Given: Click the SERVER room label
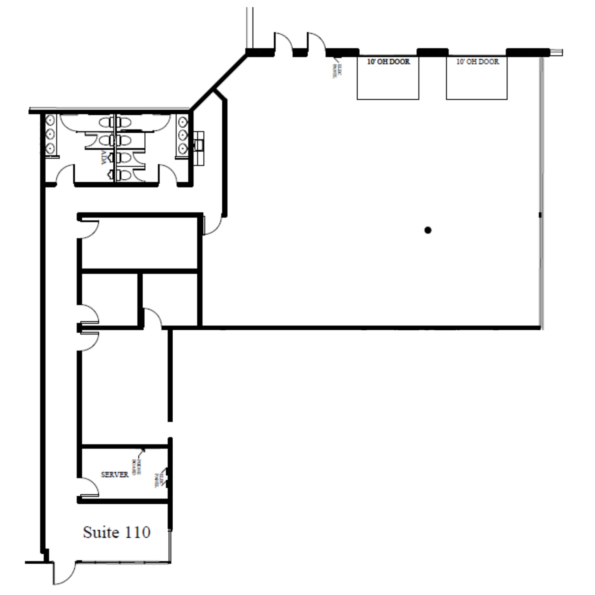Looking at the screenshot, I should pyautogui.click(x=114, y=475).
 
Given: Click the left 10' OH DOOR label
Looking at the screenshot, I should pyautogui.click(x=388, y=62).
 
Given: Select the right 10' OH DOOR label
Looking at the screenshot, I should pyautogui.click(x=477, y=62).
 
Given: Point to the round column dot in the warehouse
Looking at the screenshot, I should pyautogui.click(x=427, y=230).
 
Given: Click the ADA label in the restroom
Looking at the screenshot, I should pyautogui.click(x=104, y=158).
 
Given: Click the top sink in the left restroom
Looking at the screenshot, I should pyautogui.click(x=50, y=120).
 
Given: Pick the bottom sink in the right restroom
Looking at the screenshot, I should pyautogui.click(x=183, y=149).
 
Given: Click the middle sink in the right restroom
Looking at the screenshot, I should pyautogui.click(x=183, y=135).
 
